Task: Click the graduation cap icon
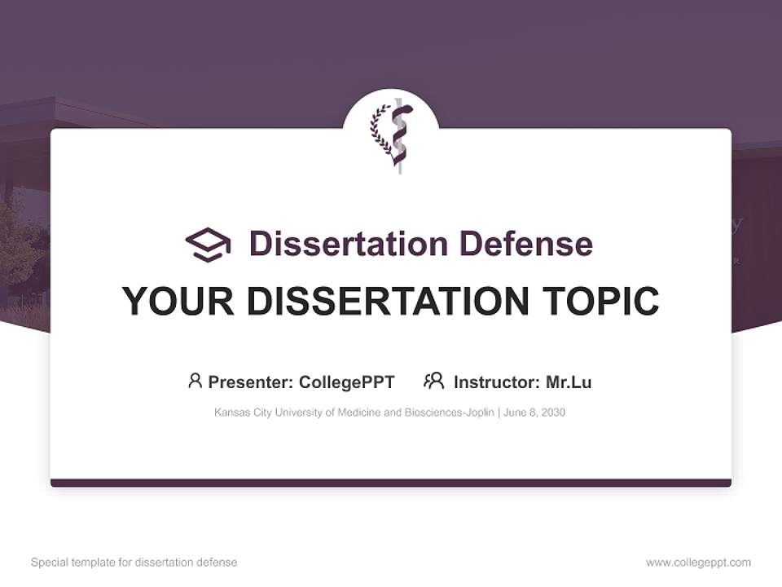coord(208,245)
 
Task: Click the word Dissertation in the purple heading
coord(349,244)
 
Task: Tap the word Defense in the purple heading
coord(525,244)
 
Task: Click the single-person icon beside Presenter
coord(195,380)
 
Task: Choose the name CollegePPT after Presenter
coord(347,382)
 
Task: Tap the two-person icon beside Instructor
coord(433,380)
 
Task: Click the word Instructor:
coord(496,382)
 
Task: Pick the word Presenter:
coord(251,382)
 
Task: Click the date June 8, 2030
coord(534,413)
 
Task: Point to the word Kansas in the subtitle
coord(231,413)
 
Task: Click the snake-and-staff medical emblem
coord(398,135)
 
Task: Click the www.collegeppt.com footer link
coord(698,563)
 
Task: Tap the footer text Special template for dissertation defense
coord(134,563)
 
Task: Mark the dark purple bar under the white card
coord(391,483)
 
